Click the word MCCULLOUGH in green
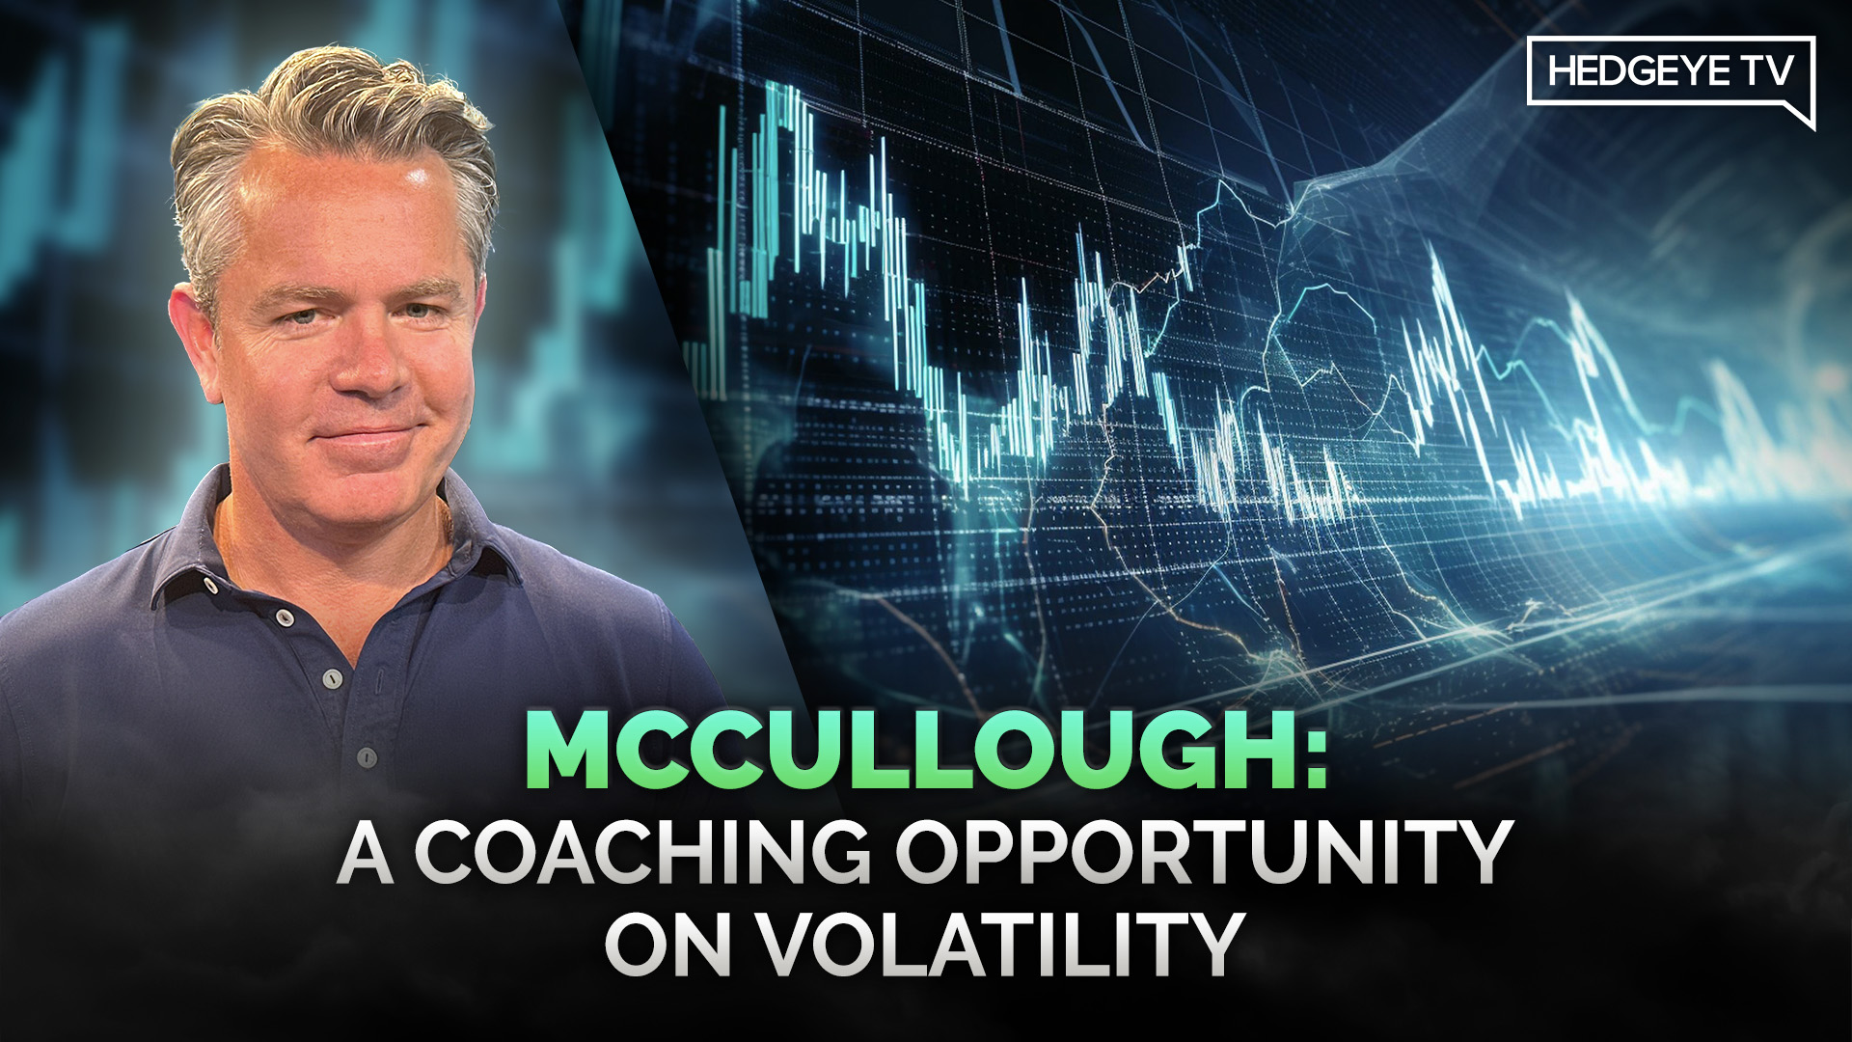pos(907,753)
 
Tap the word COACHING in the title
pos(641,853)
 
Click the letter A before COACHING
pos(366,853)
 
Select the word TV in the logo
pos(1765,71)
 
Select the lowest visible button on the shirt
pos(367,757)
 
